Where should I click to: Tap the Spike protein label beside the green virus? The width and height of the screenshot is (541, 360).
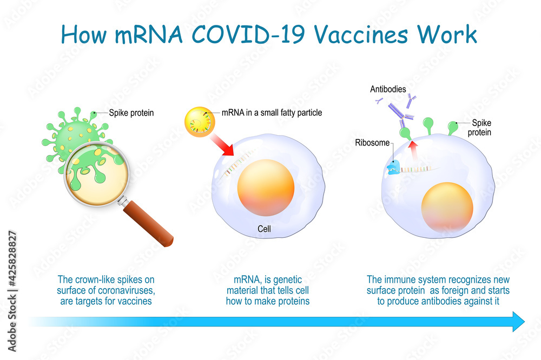131,113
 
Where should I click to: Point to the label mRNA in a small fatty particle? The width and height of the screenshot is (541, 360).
272,113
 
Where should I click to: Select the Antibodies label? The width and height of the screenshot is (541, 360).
388,89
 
